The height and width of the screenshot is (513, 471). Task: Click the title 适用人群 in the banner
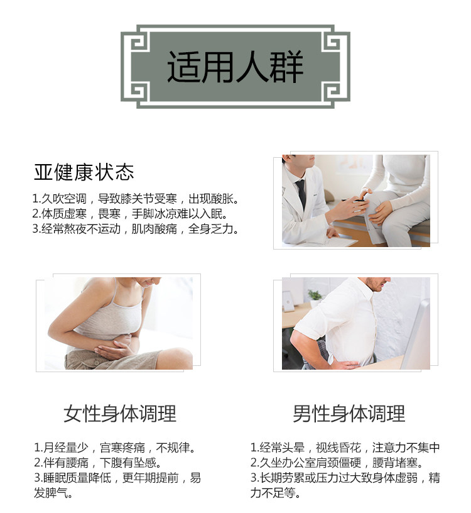coord(235,67)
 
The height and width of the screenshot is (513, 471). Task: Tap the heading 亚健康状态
coord(84,172)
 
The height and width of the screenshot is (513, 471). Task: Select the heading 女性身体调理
coord(120,414)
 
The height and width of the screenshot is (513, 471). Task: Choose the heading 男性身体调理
coord(349,414)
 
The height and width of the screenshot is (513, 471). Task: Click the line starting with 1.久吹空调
coord(135,199)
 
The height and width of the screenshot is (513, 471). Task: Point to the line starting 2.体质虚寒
coord(130,214)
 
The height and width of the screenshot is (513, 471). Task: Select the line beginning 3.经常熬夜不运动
coord(135,229)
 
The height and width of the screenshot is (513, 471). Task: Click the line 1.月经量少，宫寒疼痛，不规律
coord(115,447)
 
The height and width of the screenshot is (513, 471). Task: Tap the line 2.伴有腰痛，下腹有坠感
coord(98,462)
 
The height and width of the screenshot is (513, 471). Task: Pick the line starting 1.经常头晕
coord(345,447)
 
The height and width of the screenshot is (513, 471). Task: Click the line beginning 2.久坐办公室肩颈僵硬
coord(337,462)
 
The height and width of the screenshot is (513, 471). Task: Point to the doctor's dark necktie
coord(301,194)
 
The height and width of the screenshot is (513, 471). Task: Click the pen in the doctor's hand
coord(354,200)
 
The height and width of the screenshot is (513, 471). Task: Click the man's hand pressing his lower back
coord(345,364)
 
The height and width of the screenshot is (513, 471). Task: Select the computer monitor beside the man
coord(416,334)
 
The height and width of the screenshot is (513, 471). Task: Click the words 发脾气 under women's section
coord(53,493)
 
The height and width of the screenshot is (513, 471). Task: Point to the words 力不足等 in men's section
coord(275,493)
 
